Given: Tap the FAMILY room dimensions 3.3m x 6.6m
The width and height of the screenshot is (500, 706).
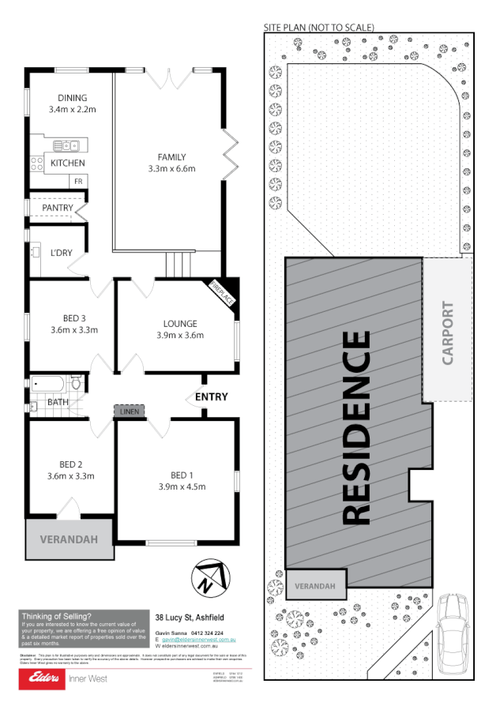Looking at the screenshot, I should [171, 168].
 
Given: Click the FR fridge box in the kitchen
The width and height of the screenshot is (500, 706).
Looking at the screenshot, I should [78, 182].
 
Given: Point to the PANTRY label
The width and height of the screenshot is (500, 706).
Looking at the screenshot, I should [58, 208].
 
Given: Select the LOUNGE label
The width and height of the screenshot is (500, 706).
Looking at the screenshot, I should [180, 324].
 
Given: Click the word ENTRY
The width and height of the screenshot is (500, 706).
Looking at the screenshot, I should [211, 397].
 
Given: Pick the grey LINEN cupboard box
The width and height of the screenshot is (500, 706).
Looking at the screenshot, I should [128, 411].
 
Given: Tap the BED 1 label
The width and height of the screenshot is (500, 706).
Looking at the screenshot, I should [182, 475].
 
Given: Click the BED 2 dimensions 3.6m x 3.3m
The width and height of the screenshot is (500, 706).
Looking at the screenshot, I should [71, 476].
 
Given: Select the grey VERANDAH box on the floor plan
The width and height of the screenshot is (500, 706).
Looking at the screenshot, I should [70, 540].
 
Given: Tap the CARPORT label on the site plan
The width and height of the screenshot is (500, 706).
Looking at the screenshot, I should [448, 332].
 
